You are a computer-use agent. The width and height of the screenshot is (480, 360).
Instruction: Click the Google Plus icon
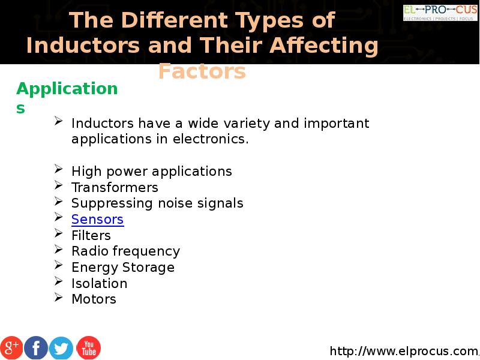11,348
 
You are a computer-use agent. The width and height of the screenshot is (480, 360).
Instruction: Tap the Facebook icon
36,348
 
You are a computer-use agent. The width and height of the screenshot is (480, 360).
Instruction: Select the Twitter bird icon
61,348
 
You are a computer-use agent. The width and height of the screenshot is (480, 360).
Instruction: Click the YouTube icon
88,348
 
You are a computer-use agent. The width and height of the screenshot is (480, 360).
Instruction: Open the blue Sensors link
98,220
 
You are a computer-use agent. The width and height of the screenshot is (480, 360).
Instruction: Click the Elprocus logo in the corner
440,13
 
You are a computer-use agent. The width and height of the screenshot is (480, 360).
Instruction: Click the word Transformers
115,187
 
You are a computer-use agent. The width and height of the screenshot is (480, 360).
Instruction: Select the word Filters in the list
91,235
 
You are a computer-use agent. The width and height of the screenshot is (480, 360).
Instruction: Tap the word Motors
94,299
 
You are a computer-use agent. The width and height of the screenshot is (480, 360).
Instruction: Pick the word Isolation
99,283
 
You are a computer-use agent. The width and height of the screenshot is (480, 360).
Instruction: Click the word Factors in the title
202,71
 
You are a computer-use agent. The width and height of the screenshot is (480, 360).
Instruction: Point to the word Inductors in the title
83,46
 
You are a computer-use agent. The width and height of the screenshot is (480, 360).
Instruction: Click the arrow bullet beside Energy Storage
58,265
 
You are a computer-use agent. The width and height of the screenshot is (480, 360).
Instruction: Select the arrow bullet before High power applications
58,169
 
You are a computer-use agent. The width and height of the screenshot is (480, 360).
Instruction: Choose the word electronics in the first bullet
211,139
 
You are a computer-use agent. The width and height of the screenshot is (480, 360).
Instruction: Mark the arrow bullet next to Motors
58,297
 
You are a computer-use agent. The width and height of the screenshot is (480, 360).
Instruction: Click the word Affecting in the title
324,46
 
